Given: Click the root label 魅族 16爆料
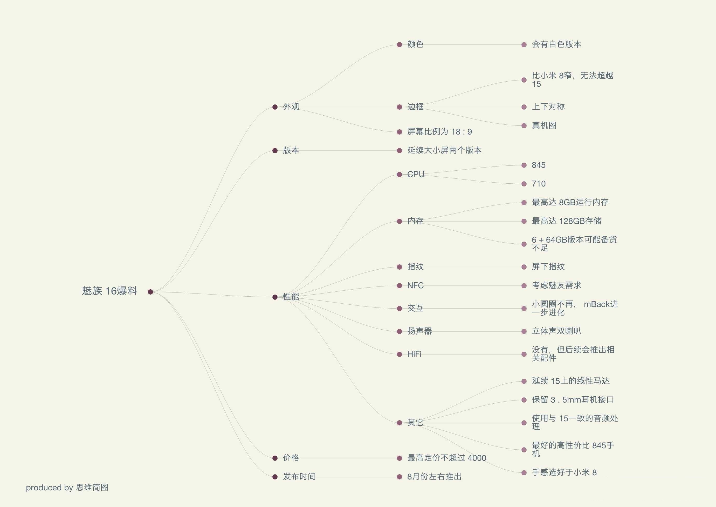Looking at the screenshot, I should click(109, 291).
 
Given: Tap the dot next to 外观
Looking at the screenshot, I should click(275, 107).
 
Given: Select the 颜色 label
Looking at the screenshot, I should click(415, 44).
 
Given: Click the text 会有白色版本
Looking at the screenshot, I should click(556, 44).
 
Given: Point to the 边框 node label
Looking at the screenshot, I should click(415, 107).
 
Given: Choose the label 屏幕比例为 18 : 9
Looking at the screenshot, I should click(439, 132).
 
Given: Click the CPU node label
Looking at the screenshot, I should click(416, 174).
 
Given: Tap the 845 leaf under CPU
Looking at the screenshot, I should click(539, 165).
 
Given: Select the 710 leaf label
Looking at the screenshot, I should click(539, 184).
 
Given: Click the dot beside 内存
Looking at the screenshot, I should click(400, 221).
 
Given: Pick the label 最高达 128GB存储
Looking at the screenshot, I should click(566, 221).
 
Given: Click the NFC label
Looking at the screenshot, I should click(415, 286).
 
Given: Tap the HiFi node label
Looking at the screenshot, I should click(414, 354).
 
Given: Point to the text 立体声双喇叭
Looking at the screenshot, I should click(556, 331).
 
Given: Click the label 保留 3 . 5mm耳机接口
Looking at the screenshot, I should click(573, 400).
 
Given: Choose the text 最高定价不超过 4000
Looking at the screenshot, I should click(446, 458).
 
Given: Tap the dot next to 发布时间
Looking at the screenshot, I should click(275, 477).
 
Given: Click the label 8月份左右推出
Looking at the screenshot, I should click(434, 477).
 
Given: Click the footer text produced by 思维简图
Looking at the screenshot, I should click(67, 488).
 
